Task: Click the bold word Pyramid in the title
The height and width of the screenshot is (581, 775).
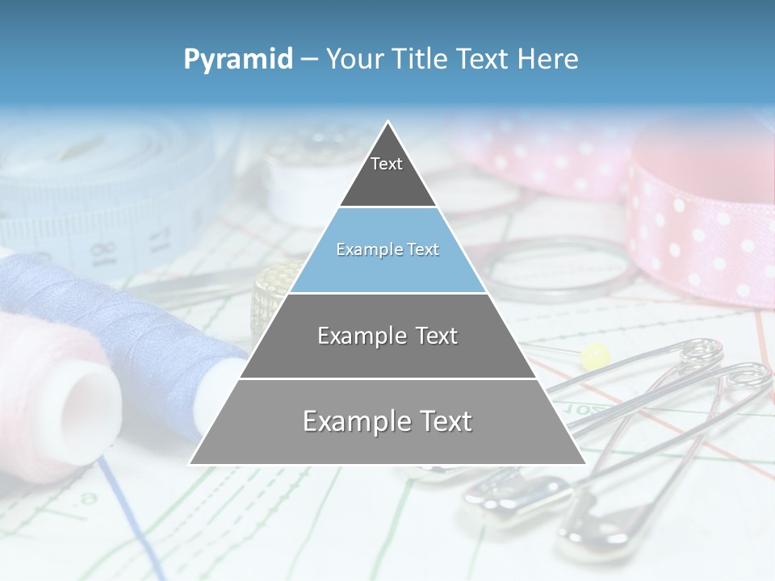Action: (x=238, y=59)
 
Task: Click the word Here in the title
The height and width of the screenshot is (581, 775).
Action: (x=548, y=59)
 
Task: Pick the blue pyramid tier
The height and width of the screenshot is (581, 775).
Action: (x=387, y=250)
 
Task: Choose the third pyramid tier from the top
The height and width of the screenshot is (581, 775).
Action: (x=387, y=336)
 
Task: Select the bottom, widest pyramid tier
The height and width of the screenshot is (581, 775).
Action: (x=387, y=421)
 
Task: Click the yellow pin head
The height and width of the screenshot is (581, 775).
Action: (x=596, y=354)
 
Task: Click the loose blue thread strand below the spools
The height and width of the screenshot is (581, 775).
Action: (x=129, y=516)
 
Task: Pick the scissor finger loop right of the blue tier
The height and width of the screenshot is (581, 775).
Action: (x=557, y=270)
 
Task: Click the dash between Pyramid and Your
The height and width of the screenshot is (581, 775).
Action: (x=309, y=59)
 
